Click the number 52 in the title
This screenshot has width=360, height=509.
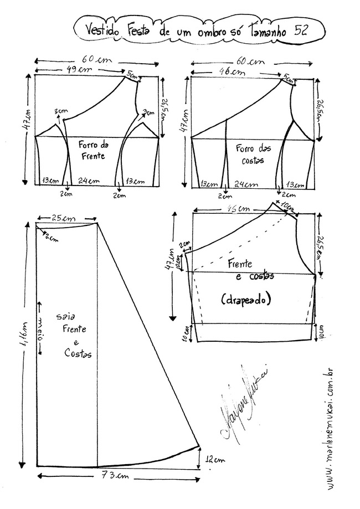tap(301, 32)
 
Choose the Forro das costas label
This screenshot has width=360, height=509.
tap(247, 153)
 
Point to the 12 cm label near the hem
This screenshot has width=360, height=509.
tap(215, 460)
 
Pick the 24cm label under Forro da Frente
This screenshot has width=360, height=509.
tap(89, 181)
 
